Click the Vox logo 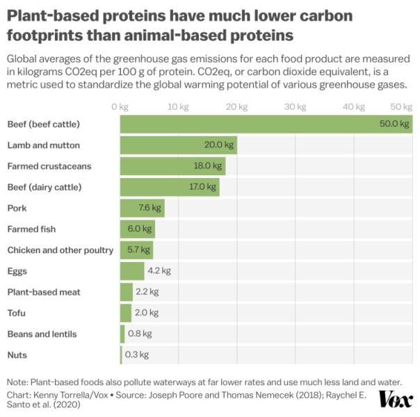[x=396, y=399]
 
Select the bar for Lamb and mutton [x=178, y=145]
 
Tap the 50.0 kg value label [x=394, y=124]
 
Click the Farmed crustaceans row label [x=49, y=166]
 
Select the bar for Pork [x=142, y=208]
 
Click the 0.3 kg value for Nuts [x=137, y=354]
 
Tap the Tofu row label [x=17, y=313]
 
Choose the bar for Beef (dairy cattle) [x=170, y=187]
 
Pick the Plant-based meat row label [x=40, y=292]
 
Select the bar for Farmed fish [x=137, y=229]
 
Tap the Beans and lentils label [x=42, y=334]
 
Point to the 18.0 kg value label [x=208, y=166]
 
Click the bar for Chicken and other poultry [x=136, y=250]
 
